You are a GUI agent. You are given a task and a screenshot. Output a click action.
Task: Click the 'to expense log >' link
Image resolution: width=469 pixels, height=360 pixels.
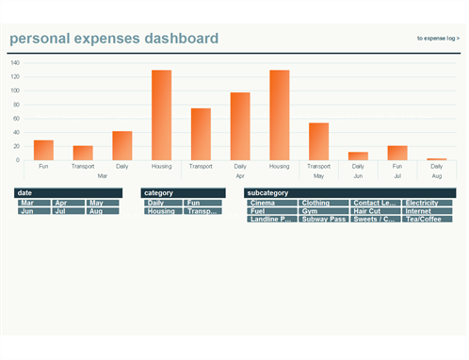(x=438, y=39)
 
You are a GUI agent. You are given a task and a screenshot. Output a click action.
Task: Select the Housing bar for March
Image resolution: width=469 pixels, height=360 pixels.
(x=162, y=115)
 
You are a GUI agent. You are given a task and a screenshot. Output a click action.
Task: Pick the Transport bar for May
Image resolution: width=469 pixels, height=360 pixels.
(x=318, y=141)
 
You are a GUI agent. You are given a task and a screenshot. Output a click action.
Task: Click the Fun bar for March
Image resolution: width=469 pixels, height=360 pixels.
(x=43, y=150)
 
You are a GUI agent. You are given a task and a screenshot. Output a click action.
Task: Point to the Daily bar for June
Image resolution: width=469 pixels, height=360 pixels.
(x=358, y=155)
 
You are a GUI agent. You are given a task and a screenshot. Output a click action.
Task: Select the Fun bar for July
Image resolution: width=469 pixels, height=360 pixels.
(x=397, y=153)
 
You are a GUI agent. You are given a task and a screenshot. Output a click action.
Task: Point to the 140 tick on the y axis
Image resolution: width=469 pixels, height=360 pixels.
(x=15, y=63)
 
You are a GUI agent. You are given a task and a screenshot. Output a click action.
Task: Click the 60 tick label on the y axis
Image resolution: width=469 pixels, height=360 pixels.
(x=16, y=119)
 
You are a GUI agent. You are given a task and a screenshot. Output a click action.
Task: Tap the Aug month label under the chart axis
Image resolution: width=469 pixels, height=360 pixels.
(x=436, y=176)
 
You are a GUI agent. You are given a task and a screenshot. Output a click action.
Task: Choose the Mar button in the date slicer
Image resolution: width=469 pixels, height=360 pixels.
(x=34, y=203)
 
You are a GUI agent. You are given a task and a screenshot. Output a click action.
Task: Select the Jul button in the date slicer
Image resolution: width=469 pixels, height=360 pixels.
(x=68, y=211)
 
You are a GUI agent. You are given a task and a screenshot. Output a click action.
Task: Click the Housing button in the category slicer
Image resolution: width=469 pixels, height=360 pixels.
(x=163, y=211)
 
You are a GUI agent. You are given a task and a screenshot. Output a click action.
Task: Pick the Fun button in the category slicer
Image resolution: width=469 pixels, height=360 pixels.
(x=202, y=203)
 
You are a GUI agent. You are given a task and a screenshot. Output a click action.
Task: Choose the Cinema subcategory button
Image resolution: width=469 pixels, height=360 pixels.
(x=272, y=203)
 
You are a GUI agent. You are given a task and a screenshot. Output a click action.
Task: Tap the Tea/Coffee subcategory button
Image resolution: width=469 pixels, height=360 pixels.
(x=427, y=220)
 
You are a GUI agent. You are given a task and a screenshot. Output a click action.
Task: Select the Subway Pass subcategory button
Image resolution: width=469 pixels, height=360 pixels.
(x=323, y=220)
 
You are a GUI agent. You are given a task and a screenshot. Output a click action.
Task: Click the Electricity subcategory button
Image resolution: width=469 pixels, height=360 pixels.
(x=427, y=203)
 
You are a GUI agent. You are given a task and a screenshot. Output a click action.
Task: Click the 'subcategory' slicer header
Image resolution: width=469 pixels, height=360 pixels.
(x=349, y=192)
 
